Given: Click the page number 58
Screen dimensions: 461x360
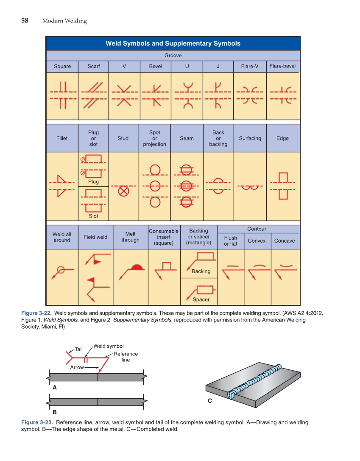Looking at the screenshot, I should click(25, 20).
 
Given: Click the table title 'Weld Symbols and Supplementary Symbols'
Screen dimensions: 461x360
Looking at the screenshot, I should click(173, 43).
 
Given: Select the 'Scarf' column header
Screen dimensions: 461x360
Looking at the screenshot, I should click(94, 67).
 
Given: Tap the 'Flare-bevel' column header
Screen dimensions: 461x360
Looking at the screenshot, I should click(282, 66).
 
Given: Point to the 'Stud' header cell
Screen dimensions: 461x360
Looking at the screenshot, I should click(123, 138).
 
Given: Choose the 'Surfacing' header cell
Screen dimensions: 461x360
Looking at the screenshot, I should click(250, 138).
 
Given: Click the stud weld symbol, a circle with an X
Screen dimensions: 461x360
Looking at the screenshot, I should click(123, 191).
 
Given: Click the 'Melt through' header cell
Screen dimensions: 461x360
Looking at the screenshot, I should click(130, 237).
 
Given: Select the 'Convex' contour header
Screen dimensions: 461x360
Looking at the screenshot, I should click(257, 241).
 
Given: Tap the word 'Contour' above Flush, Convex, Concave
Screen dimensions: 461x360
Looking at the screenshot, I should click(257, 229).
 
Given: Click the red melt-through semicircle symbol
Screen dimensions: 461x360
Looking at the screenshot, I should click(137, 267).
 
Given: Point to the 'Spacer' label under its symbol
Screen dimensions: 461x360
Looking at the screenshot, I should click(201, 299).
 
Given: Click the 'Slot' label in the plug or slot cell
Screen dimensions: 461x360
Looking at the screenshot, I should click(93, 216).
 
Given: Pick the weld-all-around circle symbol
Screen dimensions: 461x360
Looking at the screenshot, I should click(61, 269).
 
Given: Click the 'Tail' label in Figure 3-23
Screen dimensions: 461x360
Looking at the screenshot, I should click(78, 349).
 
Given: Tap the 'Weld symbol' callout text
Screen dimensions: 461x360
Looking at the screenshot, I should click(109, 346).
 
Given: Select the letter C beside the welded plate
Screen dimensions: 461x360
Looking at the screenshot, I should click(209, 401).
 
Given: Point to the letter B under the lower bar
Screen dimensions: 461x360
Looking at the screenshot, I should click(54, 412).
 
